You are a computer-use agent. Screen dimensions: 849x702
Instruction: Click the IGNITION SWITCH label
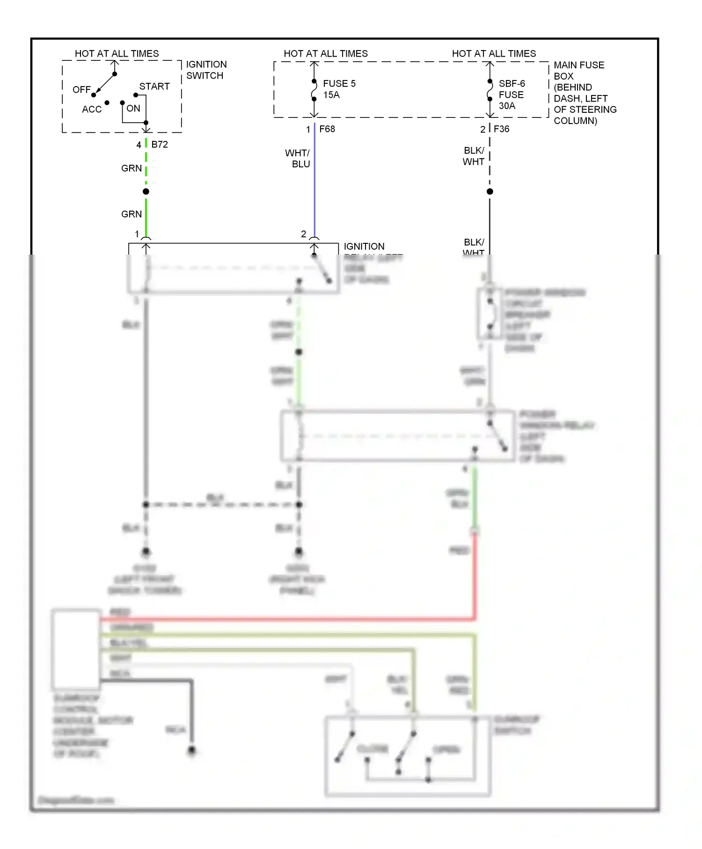(206, 70)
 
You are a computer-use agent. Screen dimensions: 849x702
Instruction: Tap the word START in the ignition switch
(154, 87)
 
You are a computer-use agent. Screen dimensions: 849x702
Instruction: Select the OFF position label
(81, 89)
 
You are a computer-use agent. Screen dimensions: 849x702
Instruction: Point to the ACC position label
(92, 110)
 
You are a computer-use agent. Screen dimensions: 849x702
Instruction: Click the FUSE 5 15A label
(339, 89)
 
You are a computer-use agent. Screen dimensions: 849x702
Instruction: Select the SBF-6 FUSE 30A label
(511, 95)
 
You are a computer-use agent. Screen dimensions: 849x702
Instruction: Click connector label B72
(160, 145)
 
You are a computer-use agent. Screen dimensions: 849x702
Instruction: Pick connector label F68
(327, 129)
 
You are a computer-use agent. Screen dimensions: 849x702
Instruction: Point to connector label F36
(501, 129)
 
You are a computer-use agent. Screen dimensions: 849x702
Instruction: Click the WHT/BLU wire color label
(298, 159)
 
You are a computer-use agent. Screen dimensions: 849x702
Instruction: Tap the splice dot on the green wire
(146, 191)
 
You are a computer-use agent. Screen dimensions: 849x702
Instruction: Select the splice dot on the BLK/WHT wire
(490, 191)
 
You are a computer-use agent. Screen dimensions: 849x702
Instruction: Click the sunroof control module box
(76, 649)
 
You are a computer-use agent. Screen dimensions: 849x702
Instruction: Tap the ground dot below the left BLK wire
(146, 551)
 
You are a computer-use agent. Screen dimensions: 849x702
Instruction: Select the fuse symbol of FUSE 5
(314, 90)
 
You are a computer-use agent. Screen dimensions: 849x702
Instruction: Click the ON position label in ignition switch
(133, 109)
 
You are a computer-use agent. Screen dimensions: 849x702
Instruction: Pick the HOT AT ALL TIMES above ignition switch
(117, 54)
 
